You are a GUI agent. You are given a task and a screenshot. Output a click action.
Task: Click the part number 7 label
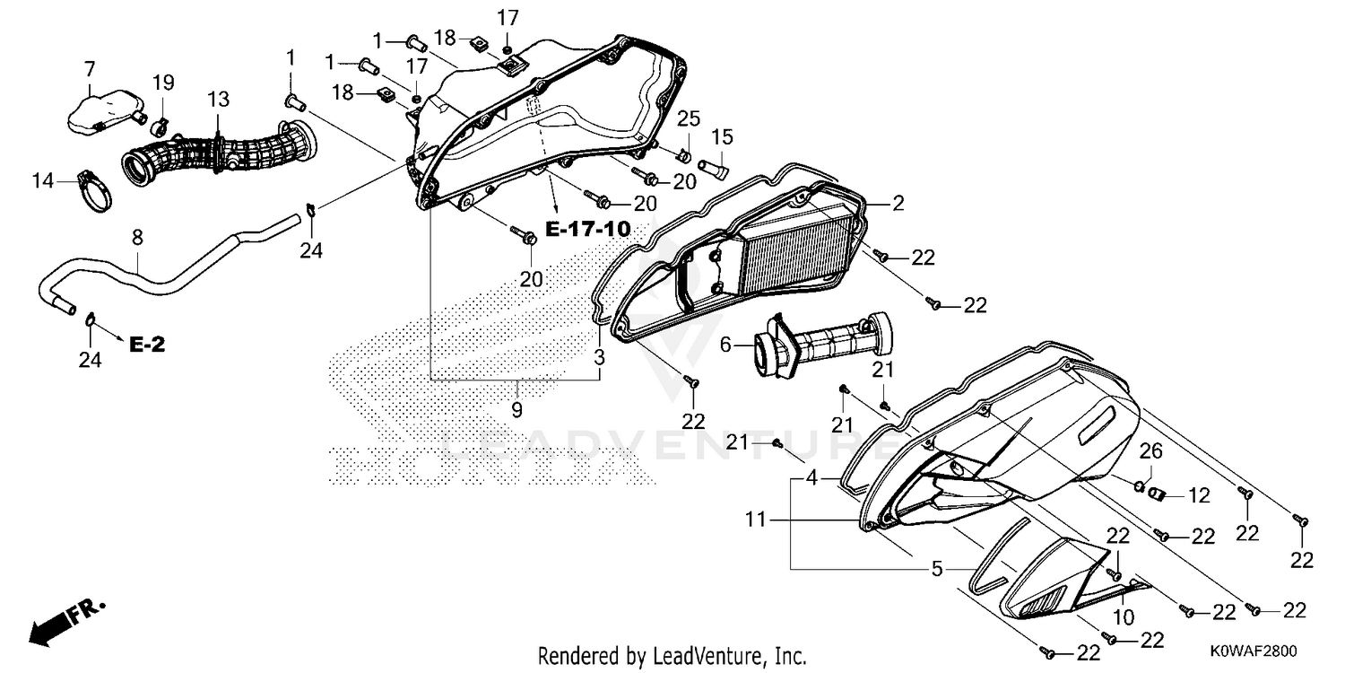[x=90, y=70]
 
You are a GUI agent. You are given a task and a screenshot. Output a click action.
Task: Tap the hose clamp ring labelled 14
[x=95, y=191]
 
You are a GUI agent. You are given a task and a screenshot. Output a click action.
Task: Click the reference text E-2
[x=147, y=345]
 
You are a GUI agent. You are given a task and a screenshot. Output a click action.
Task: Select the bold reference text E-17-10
[x=588, y=229]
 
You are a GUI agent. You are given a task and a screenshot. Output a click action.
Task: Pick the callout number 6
[x=725, y=345]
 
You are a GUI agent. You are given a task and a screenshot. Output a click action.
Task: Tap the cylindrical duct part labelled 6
[x=822, y=345]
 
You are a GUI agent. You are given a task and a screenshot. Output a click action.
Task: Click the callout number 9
[x=517, y=410]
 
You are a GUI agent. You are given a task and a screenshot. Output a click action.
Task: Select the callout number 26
[x=1150, y=450]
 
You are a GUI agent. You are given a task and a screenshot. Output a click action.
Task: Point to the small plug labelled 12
[x=1157, y=494]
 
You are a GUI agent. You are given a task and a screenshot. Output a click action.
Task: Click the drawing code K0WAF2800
[x=1254, y=651]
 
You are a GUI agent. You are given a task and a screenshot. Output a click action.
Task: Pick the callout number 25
[x=689, y=119]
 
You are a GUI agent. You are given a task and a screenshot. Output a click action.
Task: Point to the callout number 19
[x=162, y=83]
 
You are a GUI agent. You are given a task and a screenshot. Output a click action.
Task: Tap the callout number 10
[x=1124, y=617]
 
